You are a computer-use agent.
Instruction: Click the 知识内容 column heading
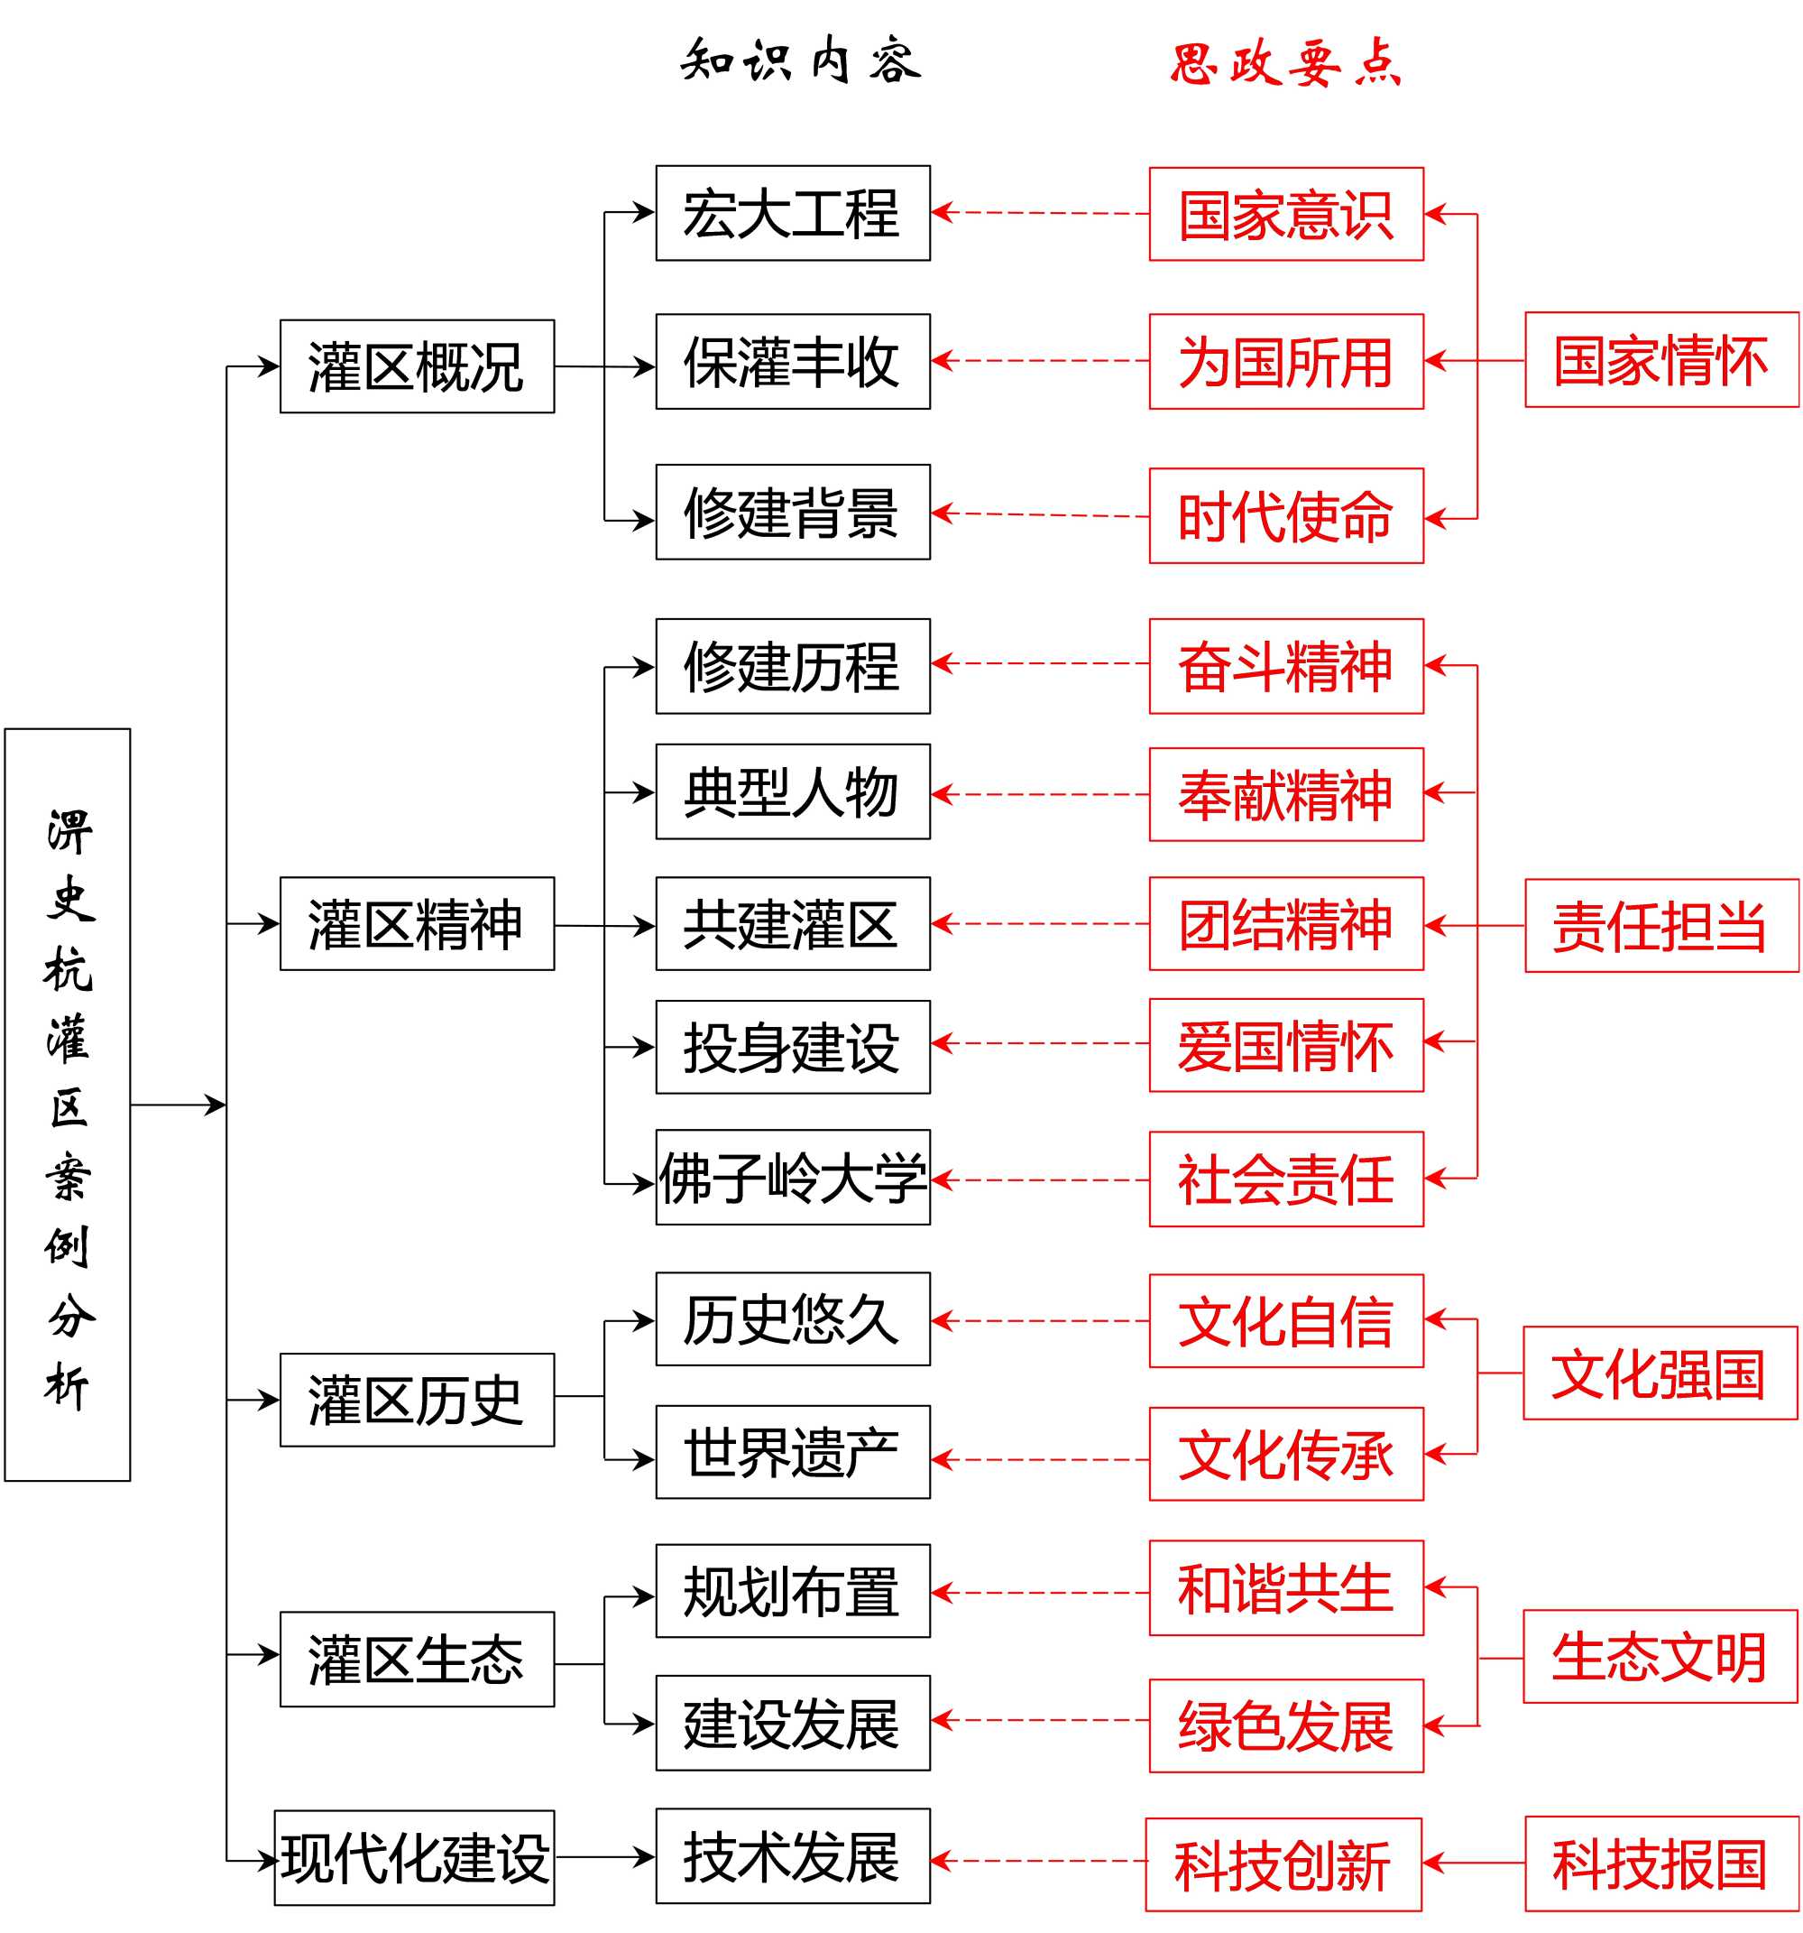[x=800, y=61]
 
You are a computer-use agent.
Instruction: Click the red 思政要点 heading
[x=1285, y=64]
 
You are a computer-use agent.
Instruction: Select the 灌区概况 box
[x=417, y=366]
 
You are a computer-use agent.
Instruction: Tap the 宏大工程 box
[x=792, y=213]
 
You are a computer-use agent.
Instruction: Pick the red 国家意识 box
[x=1285, y=214]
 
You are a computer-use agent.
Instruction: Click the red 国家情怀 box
[x=1660, y=360]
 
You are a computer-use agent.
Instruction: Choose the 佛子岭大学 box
[x=792, y=1178]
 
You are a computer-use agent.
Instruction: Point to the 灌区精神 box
[x=417, y=924]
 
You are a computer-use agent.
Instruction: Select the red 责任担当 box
[x=1660, y=926]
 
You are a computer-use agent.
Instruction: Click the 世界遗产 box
[x=792, y=1453]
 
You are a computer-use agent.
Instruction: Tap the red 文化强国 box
[x=1660, y=1373]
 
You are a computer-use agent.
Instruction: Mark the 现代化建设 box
[x=414, y=1857]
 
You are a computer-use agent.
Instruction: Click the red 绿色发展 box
[x=1285, y=1725]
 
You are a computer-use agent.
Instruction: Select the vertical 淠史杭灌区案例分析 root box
[x=67, y=1105]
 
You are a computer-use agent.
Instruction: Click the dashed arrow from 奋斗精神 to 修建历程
[x=1039, y=663]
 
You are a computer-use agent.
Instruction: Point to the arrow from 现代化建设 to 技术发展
[x=603, y=1857]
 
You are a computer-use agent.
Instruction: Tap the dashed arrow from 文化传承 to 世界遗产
[x=1039, y=1459]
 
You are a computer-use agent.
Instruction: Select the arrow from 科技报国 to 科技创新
[x=1473, y=1863]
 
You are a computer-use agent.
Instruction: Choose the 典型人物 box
[x=792, y=791]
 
